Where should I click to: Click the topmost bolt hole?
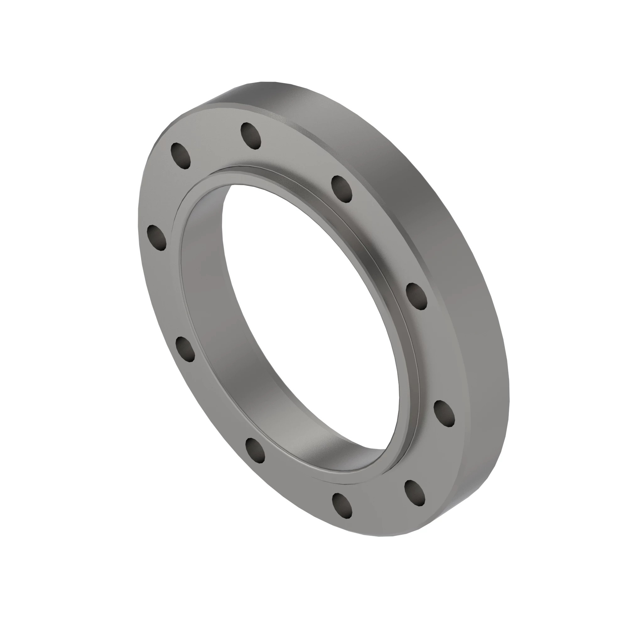pos(251,136)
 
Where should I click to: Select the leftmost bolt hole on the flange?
pos(157,238)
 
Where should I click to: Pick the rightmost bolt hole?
pos(444,413)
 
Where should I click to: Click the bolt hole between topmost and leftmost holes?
pos(181,155)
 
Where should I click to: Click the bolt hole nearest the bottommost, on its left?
pos(255,450)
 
